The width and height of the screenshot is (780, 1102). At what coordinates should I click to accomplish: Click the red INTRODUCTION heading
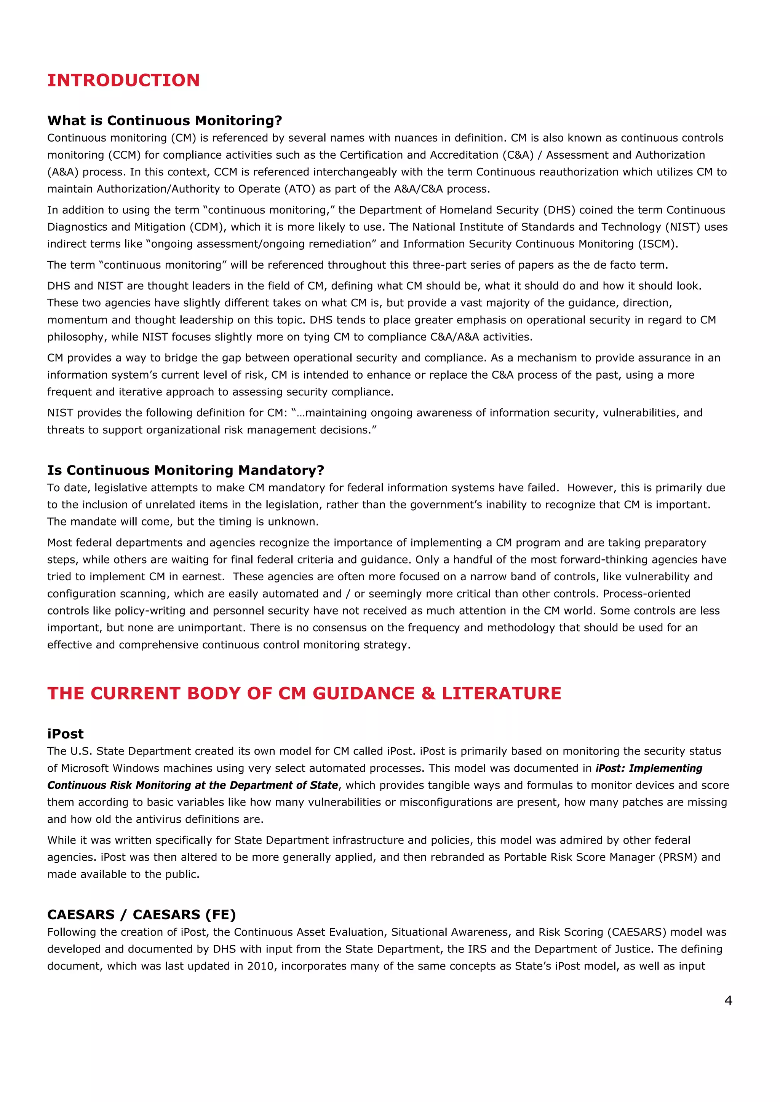[x=123, y=80]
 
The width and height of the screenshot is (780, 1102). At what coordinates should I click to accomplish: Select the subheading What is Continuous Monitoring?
[x=164, y=121]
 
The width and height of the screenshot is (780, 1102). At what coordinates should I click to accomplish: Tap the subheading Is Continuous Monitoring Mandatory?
[x=185, y=470]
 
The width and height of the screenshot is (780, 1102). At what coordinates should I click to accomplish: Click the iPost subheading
[x=66, y=734]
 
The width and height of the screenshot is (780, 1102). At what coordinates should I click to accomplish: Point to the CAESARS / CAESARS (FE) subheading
[x=141, y=915]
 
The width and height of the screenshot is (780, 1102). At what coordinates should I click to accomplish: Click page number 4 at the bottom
[x=728, y=1001]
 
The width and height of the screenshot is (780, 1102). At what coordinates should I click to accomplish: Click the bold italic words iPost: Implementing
[x=649, y=768]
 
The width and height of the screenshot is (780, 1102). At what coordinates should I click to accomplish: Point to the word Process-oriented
[x=646, y=594]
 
